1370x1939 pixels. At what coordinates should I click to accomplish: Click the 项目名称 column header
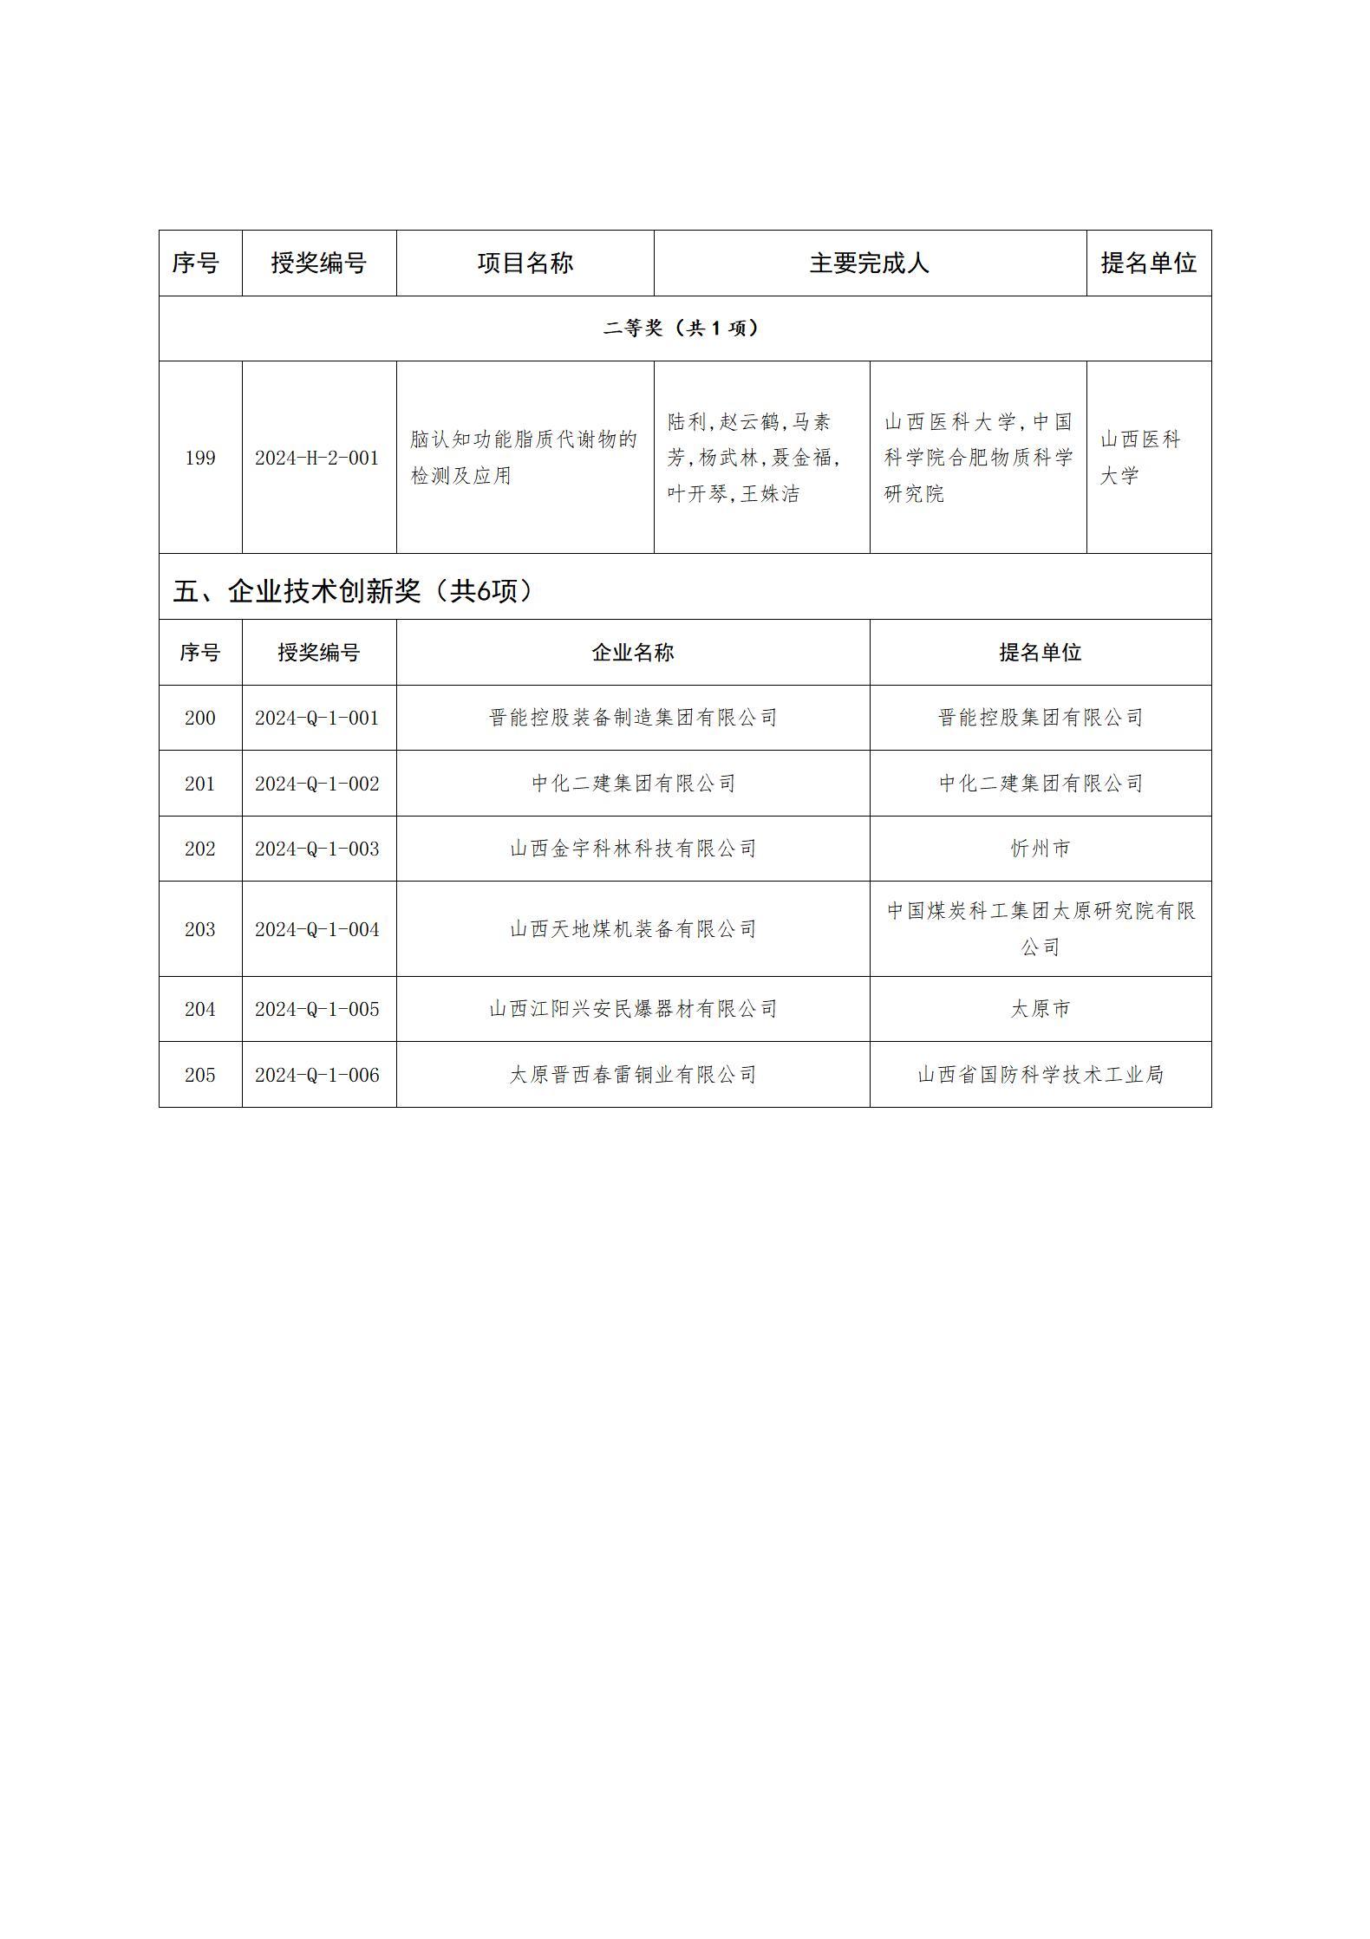[x=525, y=263]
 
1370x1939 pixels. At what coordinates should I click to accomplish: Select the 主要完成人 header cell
[x=869, y=263]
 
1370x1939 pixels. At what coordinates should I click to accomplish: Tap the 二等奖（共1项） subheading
[x=683, y=328]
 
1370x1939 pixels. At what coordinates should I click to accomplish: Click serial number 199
[x=200, y=458]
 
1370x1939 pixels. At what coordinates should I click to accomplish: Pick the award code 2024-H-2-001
[x=317, y=458]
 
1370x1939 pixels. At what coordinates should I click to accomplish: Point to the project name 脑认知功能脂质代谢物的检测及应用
[x=524, y=457]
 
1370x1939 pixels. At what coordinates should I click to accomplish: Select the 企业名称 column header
[x=633, y=653]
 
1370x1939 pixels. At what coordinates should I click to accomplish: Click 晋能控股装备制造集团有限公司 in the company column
[x=633, y=718]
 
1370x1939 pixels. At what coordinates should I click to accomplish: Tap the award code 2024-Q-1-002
[x=317, y=784]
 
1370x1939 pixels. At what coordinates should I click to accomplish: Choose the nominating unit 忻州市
[x=1041, y=849]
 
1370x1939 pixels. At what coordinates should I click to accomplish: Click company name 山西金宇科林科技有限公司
[x=633, y=849]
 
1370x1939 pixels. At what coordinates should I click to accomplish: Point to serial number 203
[x=200, y=929]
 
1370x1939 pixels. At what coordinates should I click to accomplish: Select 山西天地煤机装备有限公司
[x=633, y=929]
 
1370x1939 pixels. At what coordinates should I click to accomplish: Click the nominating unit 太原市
[x=1041, y=1009]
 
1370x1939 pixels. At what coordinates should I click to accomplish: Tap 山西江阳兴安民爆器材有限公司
[x=633, y=1009]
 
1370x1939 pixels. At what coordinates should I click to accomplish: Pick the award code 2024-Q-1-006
[x=317, y=1075]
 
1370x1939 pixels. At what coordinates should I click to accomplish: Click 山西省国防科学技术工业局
[x=1041, y=1075]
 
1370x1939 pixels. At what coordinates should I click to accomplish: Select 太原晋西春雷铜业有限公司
[x=633, y=1075]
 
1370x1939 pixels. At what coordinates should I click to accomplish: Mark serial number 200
[x=200, y=718]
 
